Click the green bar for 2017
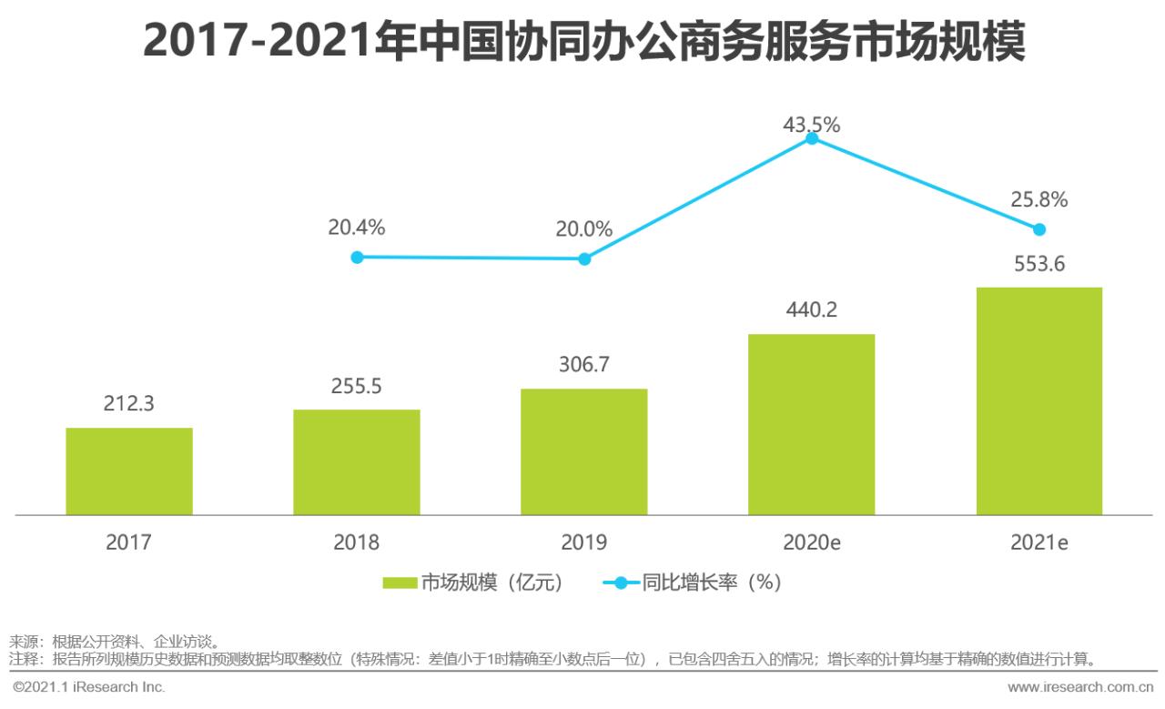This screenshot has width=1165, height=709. (x=129, y=471)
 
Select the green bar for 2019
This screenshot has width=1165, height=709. (x=584, y=452)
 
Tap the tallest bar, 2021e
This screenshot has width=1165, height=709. (x=1038, y=401)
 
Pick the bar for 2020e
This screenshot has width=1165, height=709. (x=811, y=425)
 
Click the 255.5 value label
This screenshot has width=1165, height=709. (x=357, y=386)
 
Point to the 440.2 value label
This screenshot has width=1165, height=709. (x=811, y=310)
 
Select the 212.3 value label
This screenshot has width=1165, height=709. (x=129, y=403)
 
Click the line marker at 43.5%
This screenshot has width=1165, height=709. (x=811, y=139)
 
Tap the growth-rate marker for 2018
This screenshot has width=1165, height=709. (x=357, y=258)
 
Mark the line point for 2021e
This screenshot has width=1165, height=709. (x=1038, y=229)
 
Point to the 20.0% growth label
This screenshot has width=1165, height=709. (x=584, y=229)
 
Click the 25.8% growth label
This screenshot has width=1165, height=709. (x=1038, y=199)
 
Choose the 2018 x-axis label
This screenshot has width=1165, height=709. (x=357, y=543)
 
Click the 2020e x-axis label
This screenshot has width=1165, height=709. (x=811, y=543)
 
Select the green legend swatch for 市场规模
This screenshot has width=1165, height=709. (x=399, y=583)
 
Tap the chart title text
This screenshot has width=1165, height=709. (x=583, y=43)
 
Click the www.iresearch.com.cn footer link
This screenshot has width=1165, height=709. (x=1080, y=686)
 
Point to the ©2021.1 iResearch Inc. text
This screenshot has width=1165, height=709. (x=88, y=686)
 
